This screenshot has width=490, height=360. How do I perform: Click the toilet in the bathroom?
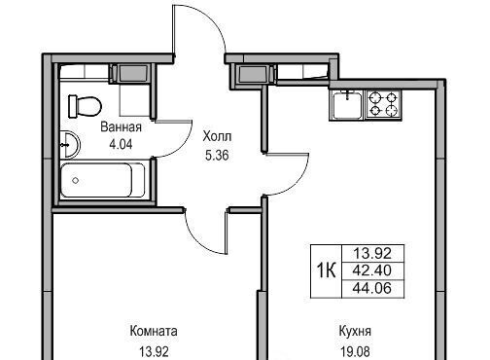pos(86,106)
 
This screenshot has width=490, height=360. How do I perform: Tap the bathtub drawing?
pos(102,180)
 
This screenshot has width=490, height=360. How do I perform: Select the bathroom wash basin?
pos(69,144)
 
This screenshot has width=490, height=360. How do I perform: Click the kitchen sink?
pos(347,105)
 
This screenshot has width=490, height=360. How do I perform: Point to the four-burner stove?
pos(384,104)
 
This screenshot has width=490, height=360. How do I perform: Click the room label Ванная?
pos(121,126)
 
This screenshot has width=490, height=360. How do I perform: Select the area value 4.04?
pos(121,144)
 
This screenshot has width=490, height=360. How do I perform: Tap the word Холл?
pos(217,136)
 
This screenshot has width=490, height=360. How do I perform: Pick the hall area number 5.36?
pos(217,155)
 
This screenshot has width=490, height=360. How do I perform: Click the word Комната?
pos(154,331)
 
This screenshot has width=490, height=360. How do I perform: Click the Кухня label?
pos(355,332)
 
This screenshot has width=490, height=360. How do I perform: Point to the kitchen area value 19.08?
pos(355,351)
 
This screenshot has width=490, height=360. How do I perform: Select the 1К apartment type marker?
pos(326,270)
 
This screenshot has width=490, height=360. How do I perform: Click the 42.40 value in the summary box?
pos(372,270)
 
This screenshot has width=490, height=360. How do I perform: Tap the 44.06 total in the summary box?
pos(372,288)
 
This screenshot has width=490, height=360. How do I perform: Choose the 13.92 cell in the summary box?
pos(372,253)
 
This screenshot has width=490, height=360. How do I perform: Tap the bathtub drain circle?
pos(76,180)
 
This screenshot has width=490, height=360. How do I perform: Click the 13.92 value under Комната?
pos(155,351)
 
